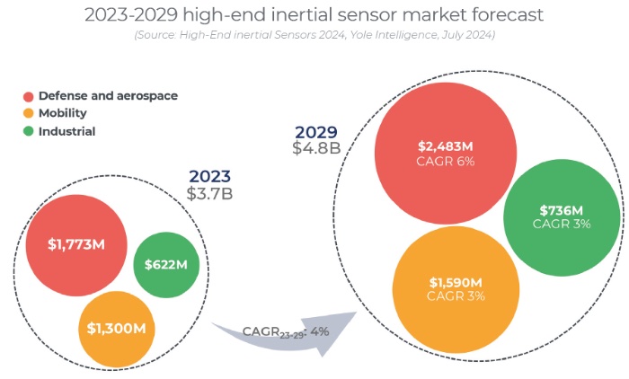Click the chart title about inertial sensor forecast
[x=314, y=15]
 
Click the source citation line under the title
[x=314, y=35]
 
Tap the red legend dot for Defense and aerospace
[x=28, y=96]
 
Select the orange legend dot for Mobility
[x=28, y=114]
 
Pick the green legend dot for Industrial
[x=28, y=131]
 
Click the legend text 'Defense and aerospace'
[x=108, y=96]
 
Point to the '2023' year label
[x=209, y=176]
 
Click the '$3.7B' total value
[x=209, y=193]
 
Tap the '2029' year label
[x=315, y=130]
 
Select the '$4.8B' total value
[x=315, y=148]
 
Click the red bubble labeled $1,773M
[x=75, y=243]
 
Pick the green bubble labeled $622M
[x=166, y=264]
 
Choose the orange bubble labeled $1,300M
[x=117, y=328]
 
